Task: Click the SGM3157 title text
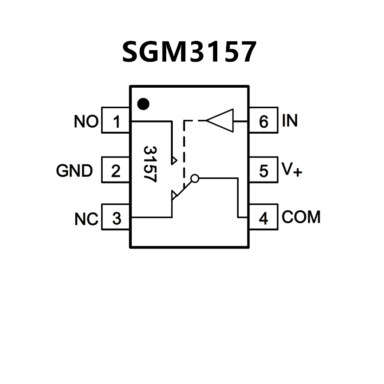coord(189,52)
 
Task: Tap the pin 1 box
coord(116,122)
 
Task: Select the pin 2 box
coord(116,171)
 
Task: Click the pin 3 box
coord(116,217)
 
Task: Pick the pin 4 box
coord(263,217)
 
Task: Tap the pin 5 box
coord(263,171)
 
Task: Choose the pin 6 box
coord(263,122)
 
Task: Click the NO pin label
coord(86,122)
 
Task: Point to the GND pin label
coord(74,171)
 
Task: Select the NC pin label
coord(86,219)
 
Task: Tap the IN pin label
coord(290,121)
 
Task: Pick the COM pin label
coord(301,217)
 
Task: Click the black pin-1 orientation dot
coord(143,103)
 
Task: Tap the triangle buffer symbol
coord(220,121)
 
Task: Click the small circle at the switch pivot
coord(195,178)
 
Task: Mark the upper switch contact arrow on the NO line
coord(174,160)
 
